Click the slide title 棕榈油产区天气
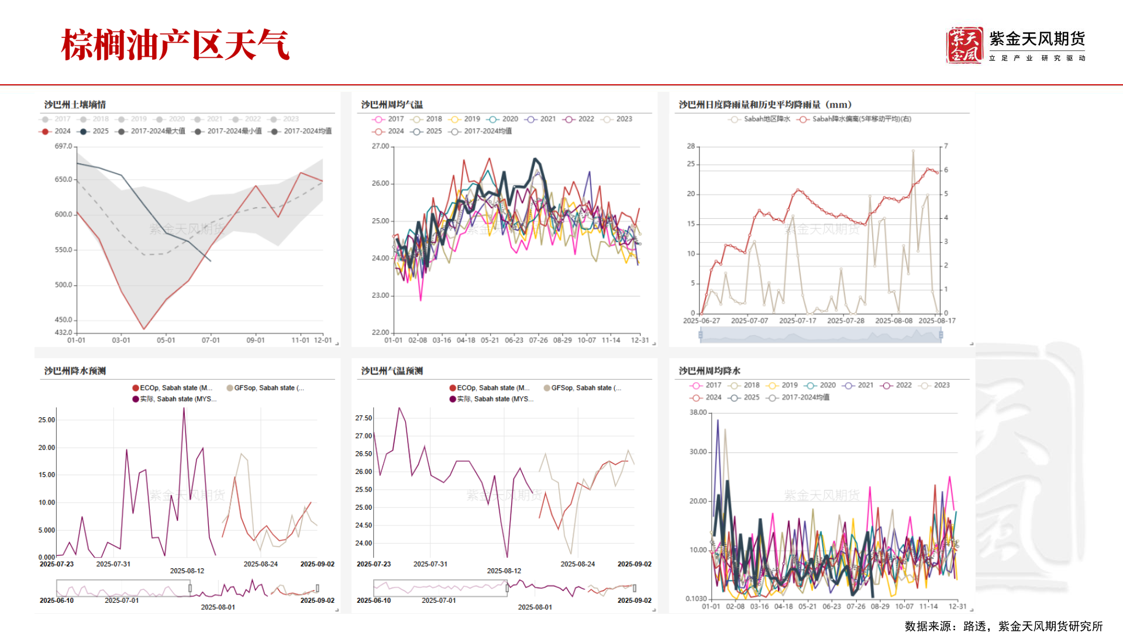(x=175, y=44)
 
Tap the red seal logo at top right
(x=964, y=45)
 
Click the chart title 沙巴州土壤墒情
(x=75, y=105)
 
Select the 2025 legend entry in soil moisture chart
(x=94, y=131)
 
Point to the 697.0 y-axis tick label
(x=63, y=146)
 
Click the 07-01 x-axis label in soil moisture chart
(x=211, y=340)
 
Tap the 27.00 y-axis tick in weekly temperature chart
(x=380, y=146)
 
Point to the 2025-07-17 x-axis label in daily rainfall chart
(x=797, y=321)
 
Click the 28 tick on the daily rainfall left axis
(x=691, y=146)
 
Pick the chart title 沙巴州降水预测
(x=75, y=371)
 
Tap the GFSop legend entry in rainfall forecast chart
(x=266, y=388)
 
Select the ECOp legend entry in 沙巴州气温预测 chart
(x=489, y=388)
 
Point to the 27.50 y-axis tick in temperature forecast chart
(x=363, y=418)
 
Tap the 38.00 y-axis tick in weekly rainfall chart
(x=698, y=413)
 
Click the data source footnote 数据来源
(x=1003, y=626)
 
